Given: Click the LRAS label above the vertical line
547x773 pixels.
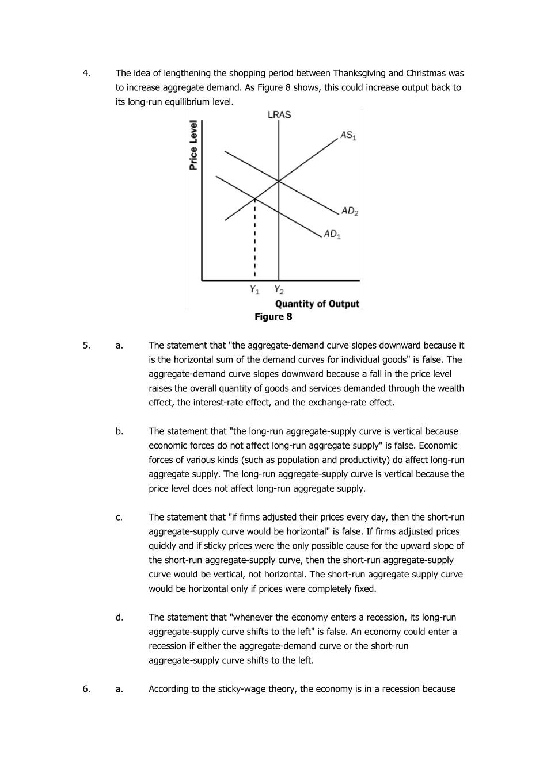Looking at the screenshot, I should tap(279, 115).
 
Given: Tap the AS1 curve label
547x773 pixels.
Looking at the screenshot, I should tap(348, 136).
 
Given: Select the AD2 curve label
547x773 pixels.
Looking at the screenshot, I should tap(350, 211).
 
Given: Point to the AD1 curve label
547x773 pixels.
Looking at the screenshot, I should tap(332, 234).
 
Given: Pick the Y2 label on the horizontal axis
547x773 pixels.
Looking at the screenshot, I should tap(279, 289).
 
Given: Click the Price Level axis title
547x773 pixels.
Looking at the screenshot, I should tap(194, 146).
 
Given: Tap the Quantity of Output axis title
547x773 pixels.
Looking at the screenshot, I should tap(317, 304).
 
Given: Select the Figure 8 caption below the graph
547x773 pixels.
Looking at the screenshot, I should tap(273, 317).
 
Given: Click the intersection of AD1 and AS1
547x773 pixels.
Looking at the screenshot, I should tap(255, 199).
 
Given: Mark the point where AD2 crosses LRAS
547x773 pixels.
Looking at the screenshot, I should tap(279, 181).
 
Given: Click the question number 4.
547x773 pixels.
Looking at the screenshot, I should tap(86, 73).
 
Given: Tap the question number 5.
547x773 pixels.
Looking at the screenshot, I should tap(86, 345).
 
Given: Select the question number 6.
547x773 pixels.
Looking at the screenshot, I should tap(86, 688).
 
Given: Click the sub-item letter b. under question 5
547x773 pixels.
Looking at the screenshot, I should tap(119, 431).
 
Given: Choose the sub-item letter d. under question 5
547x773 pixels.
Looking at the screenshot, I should tap(119, 617).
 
